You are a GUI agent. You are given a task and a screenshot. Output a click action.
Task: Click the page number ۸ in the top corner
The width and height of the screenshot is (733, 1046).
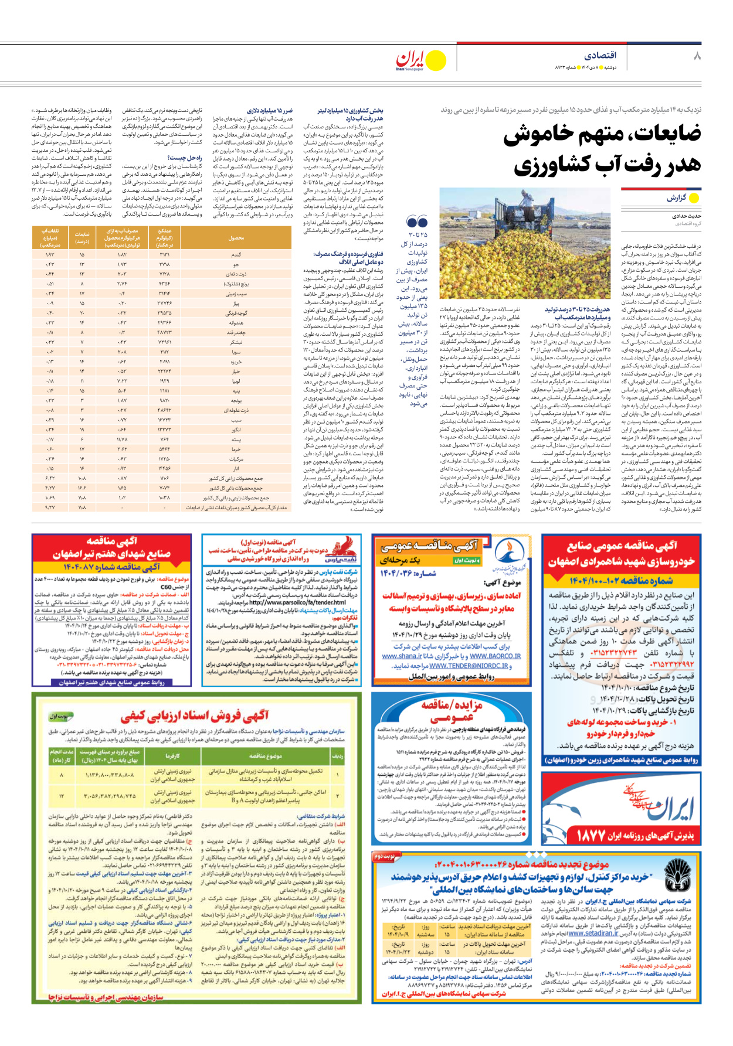(697, 56)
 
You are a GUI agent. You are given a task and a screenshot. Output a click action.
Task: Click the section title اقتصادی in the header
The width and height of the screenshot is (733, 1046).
(600, 56)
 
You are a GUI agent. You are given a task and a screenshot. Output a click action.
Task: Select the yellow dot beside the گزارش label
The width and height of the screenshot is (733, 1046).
(694, 198)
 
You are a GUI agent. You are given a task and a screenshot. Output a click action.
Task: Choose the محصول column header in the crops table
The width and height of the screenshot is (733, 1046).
(236, 238)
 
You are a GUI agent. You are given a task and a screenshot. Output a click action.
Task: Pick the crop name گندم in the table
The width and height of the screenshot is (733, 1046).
(236, 255)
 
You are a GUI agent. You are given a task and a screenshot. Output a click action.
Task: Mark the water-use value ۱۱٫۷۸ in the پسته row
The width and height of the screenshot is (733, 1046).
(122, 439)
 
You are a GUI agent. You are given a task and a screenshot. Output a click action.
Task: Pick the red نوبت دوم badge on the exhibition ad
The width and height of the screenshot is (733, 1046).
(385, 856)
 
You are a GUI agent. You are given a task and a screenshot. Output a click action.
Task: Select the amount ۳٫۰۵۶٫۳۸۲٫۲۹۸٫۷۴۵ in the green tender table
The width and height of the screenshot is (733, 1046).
(110, 796)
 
